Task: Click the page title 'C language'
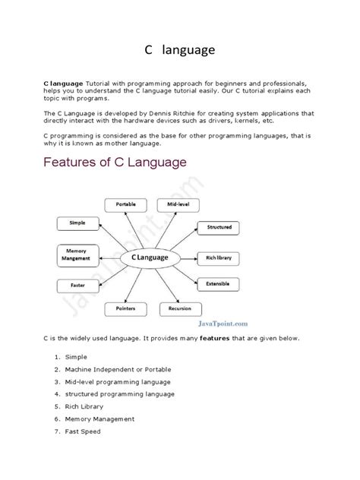click(180, 50)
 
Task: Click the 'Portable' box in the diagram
click(126, 205)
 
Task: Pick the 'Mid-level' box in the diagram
click(175, 205)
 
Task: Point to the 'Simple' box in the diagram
click(77, 223)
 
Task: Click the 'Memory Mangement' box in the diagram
click(77, 254)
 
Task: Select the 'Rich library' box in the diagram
click(219, 258)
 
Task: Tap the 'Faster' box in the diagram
click(77, 286)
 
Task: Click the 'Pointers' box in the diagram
click(126, 309)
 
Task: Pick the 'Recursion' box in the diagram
click(180, 309)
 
